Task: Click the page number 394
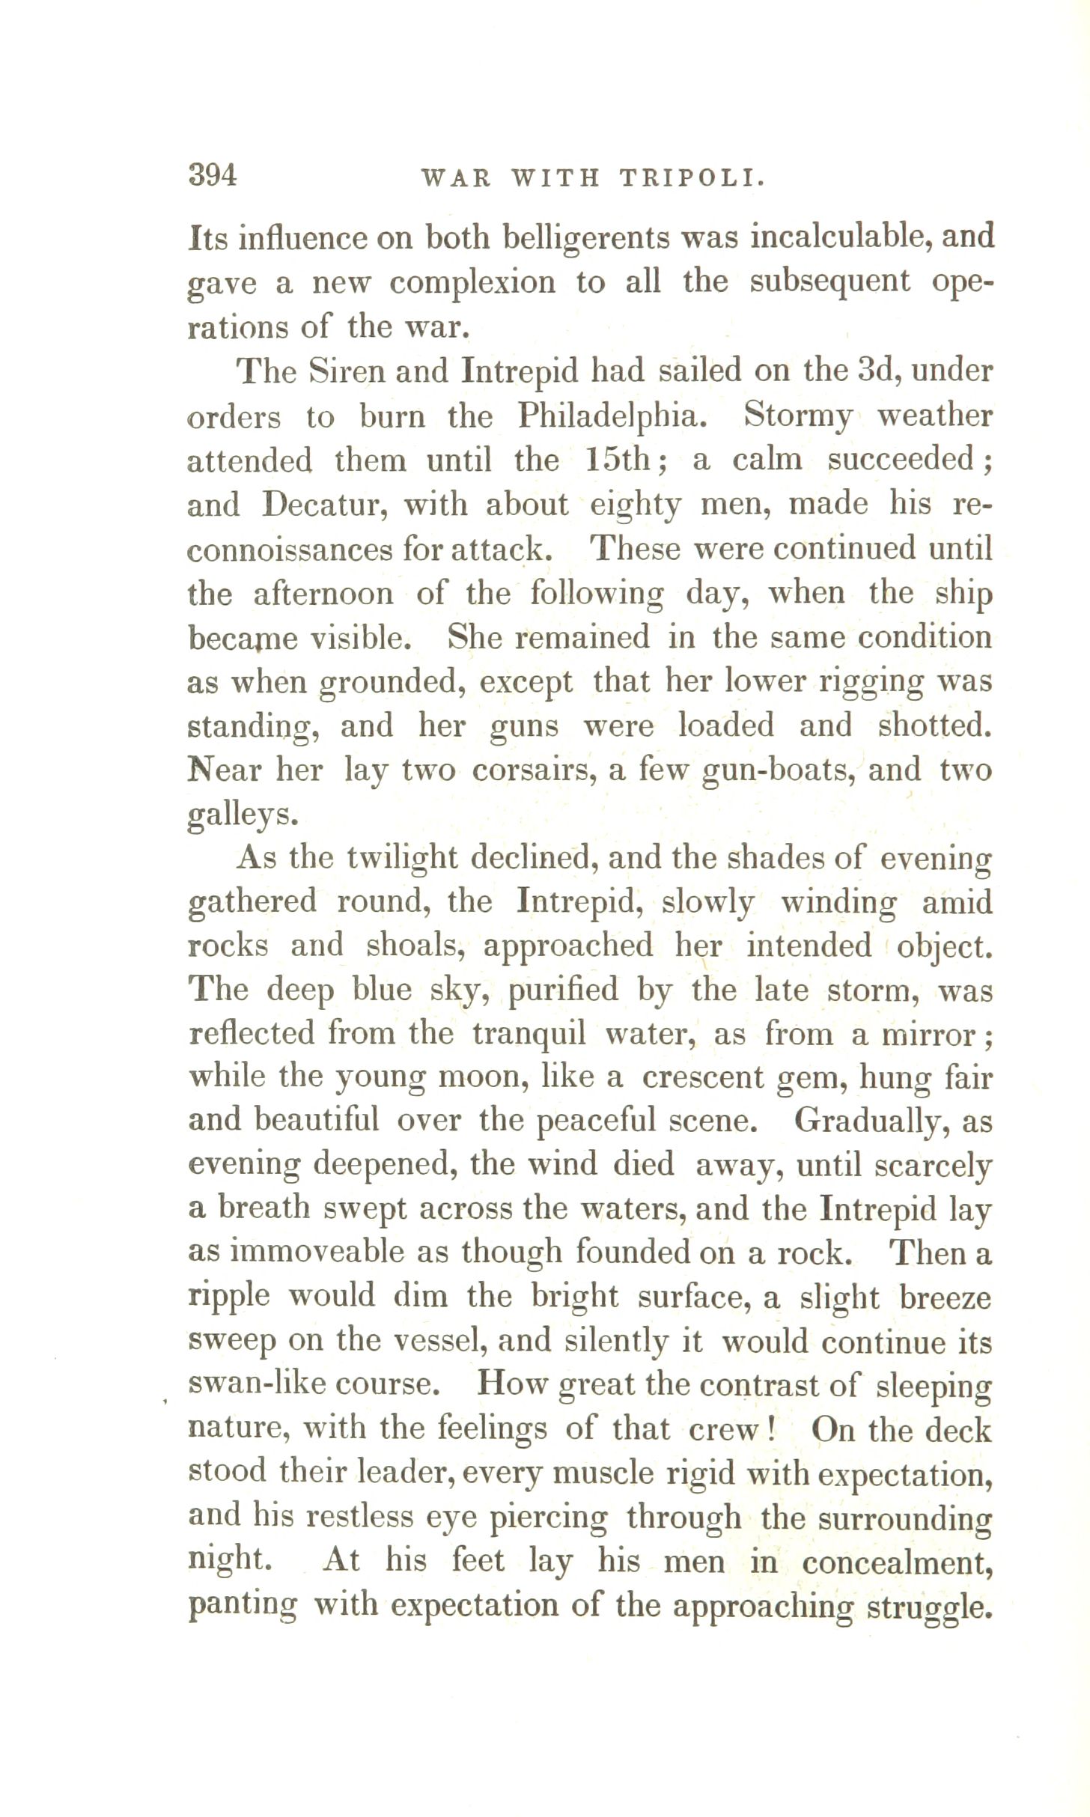point(213,176)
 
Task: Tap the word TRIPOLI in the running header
point(692,178)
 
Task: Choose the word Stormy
point(798,416)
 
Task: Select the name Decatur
point(325,505)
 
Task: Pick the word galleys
point(241,816)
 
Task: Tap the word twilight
point(402,858)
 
